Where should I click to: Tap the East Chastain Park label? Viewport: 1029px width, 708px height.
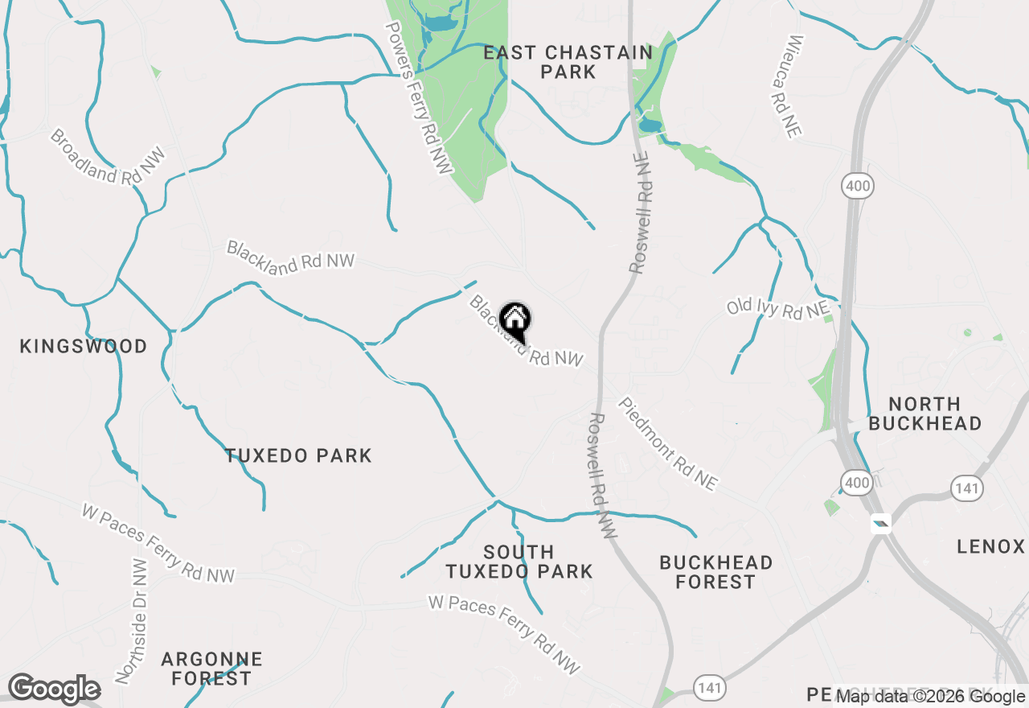coord(568,62)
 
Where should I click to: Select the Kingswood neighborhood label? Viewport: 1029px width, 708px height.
coord(84,347)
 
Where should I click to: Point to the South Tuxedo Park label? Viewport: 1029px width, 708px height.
coord(519,562)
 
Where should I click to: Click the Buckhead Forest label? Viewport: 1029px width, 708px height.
coord(715,571)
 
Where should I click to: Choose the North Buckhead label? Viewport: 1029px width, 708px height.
coord(924,414)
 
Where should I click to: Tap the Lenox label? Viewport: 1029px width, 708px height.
coord(990,547)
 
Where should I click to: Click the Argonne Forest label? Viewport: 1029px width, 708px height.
coord(211,669)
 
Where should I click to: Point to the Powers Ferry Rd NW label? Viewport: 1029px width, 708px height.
coord(419,97)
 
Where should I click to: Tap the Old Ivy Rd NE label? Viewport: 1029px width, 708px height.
coord(777,308)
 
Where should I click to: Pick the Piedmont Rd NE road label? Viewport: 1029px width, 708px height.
coord(666,443)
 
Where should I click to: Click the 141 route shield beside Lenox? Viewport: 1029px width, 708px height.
coord(965,487)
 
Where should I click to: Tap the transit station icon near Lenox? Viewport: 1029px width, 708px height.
coord(882,524)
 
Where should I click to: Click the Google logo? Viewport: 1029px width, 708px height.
coord(54,689)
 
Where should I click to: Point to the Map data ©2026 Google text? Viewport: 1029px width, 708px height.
coord(930,697)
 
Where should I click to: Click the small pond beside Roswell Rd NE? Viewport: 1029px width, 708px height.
coord(650,126)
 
